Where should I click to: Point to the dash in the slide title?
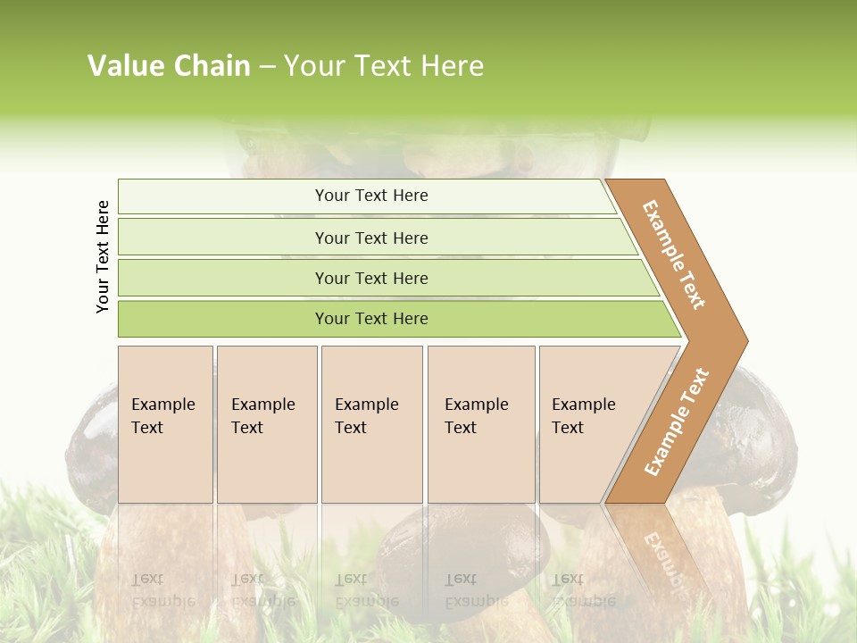pos(267,67)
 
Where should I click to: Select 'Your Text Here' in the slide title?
pos(384,66)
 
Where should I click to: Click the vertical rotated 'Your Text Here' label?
pos(103,256)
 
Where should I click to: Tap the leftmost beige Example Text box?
pos(165,424)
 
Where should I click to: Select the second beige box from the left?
pos(266,424)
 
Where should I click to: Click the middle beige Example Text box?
pos(371,424)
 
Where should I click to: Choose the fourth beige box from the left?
pos(480,424)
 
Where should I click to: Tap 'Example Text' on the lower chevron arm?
pos(676,422)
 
